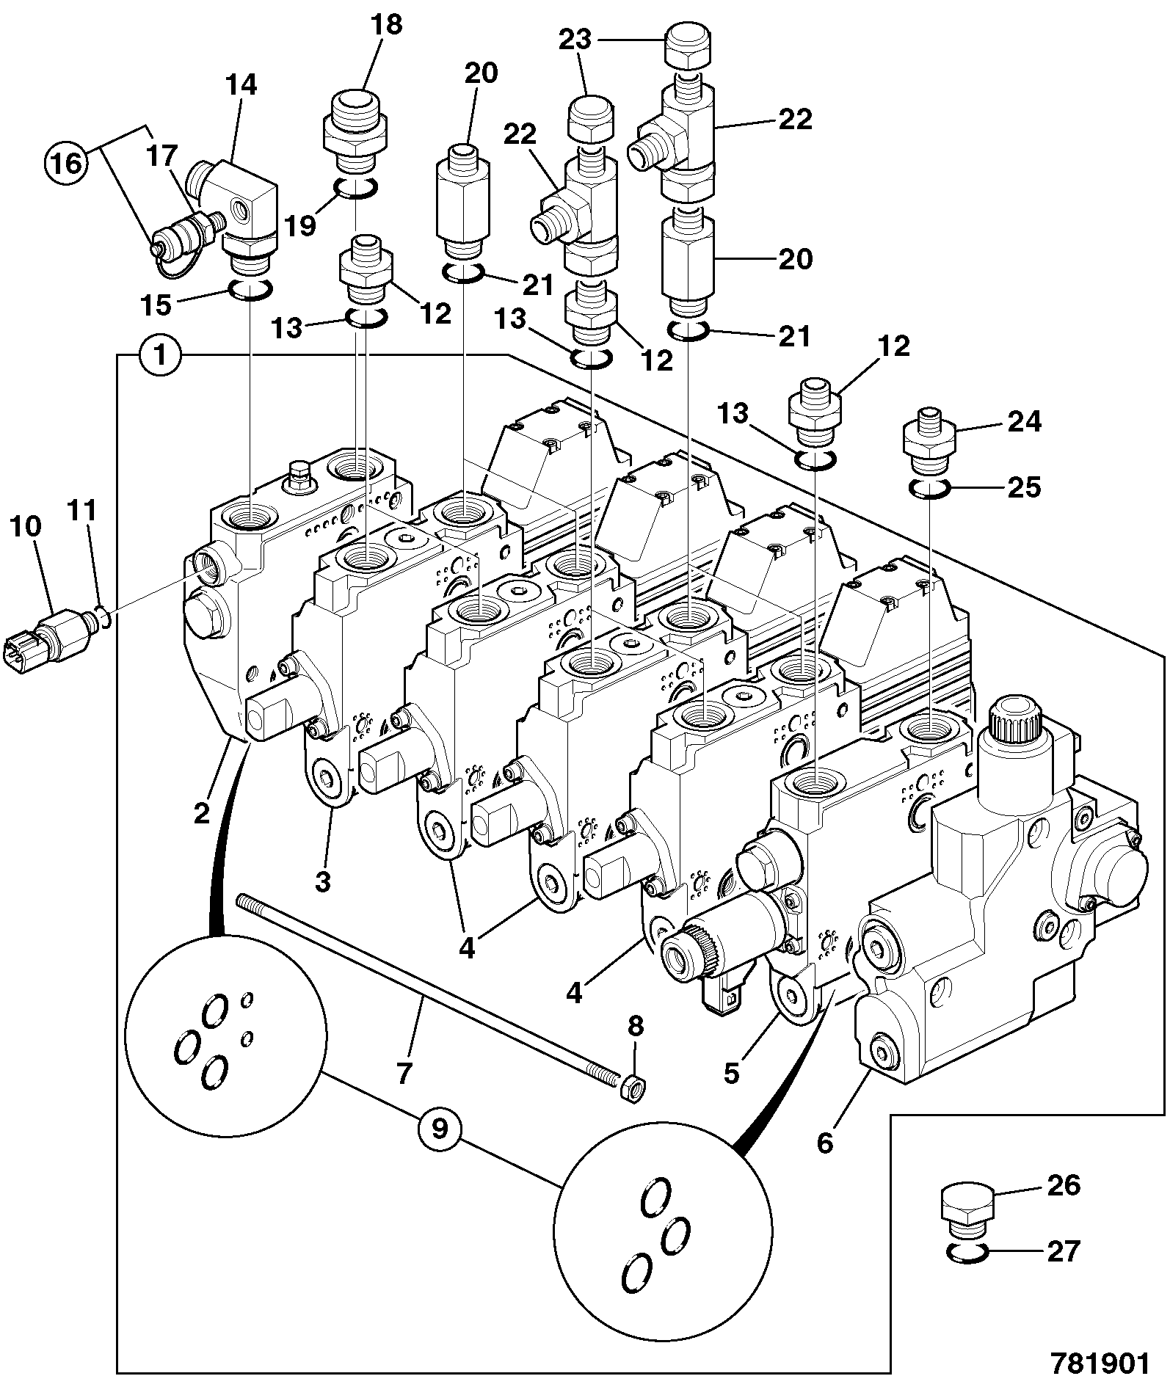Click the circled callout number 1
(159, 356)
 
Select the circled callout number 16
(68, 163)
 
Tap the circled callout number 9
(439, 1129)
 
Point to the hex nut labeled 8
(633, 1085)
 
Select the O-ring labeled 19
(356, 189)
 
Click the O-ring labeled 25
(930, 487)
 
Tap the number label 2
(202, 813)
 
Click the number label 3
(323, 881)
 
